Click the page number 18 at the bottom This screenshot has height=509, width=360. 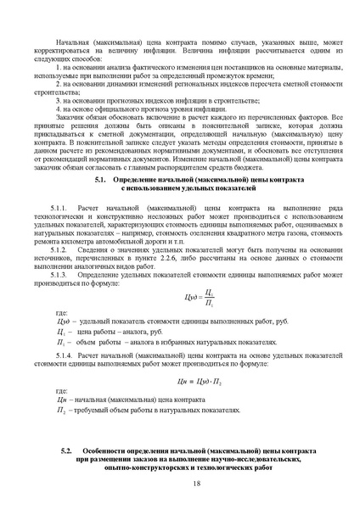[197, 484]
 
